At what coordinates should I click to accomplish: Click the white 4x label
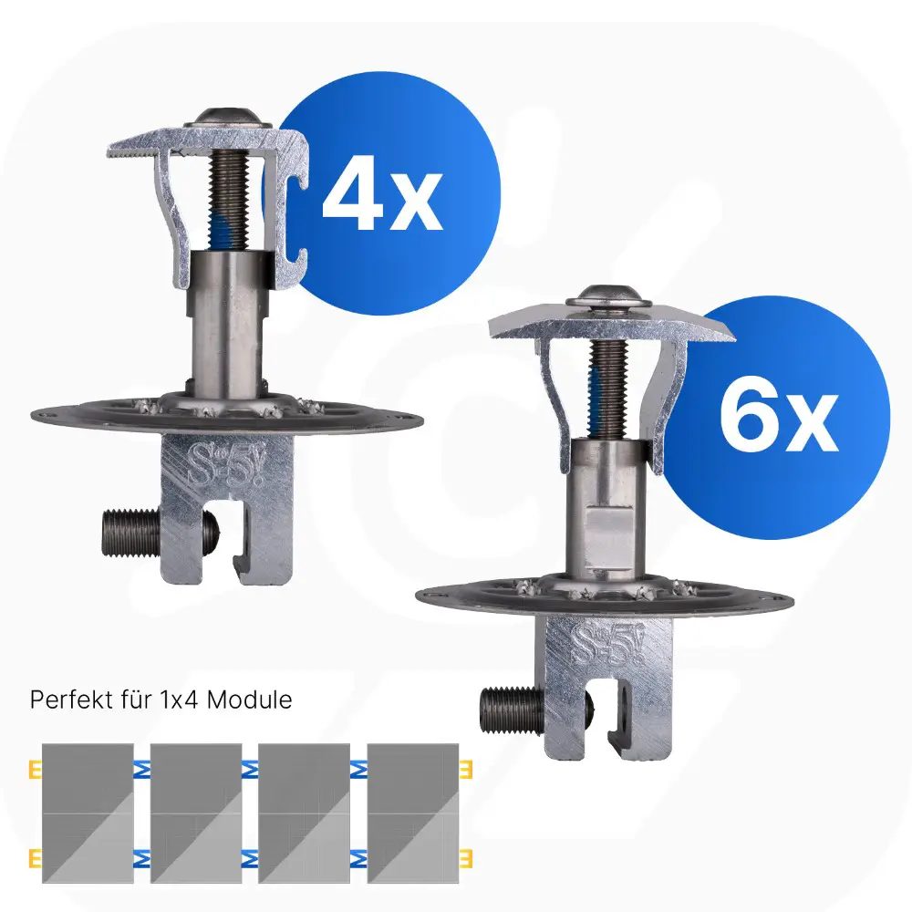pos(383,200)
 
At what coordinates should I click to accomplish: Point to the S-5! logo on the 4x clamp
pos(224,465)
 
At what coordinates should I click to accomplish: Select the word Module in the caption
pos(250,700)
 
